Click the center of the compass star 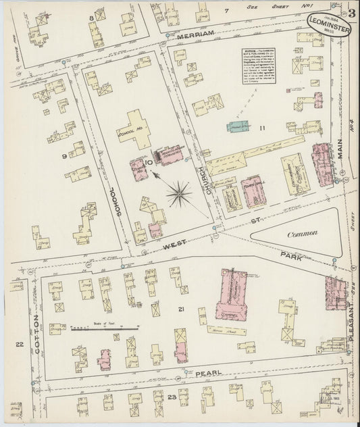coord(180,194)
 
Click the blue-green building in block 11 coord(236,126)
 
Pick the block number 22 coord(20,345)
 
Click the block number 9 coord(47,157)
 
